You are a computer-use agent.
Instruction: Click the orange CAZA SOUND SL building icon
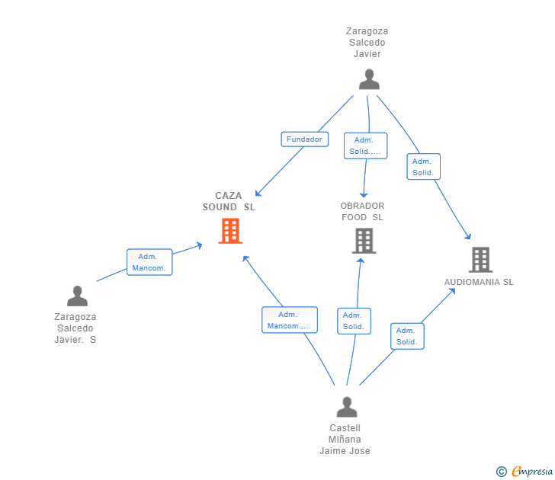[230, 231]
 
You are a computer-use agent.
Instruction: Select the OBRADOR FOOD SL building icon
[364, 241]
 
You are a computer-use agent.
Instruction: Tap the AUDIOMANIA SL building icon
[480, 260]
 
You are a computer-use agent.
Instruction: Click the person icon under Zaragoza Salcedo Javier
[369, 79]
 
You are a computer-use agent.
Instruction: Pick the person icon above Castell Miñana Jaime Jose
[347, 407]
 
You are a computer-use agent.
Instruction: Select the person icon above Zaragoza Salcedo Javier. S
[77, 296]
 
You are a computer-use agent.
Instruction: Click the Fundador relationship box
[305, 139]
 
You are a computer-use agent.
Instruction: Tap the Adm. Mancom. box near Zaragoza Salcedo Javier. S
[149, 262]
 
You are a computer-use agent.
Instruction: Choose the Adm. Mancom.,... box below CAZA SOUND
[290, 320]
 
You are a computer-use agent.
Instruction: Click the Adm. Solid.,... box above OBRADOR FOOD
[366, 146]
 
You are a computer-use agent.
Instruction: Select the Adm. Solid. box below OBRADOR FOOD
[354, 321]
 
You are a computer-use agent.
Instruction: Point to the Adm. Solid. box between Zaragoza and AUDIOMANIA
[423, 167]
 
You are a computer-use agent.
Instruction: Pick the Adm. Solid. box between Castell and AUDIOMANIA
[407, 336]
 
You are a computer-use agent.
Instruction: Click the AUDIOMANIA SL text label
[479, 282]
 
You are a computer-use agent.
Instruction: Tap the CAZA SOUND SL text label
[229, 201]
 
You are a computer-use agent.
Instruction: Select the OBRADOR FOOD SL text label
[362, 212]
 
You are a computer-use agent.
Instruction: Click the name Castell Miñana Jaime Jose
[345, 440]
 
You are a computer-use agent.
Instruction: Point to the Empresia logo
[532, 471]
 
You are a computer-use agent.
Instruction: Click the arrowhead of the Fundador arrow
[258, 194]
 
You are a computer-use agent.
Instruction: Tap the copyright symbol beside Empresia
[501, 472]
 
